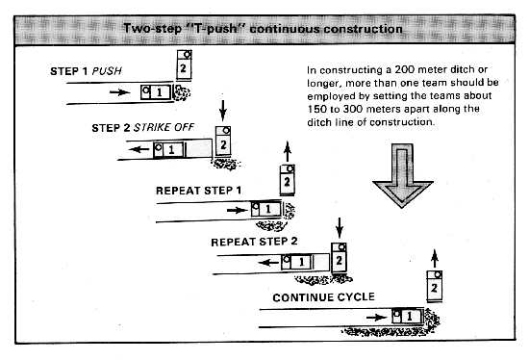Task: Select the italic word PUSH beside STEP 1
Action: [107, 71]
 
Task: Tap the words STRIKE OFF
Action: [164, 128]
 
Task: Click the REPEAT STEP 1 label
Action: [198, 191]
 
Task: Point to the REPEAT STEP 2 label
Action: [254, 242]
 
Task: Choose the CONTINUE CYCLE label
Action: [323, 297]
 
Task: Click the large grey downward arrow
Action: [402, 175]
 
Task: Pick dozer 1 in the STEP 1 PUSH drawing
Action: [156, 91]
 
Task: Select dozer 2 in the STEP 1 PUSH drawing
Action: [185, 64]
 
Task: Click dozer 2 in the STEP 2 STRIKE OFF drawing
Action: [223, 141]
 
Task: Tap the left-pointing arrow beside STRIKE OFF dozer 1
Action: [139, 149]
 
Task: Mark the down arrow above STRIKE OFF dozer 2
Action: [223, 110]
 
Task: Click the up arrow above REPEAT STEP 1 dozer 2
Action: [288, 151]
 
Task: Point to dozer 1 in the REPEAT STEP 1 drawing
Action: [266, 209]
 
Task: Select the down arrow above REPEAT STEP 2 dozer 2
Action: [340, 228]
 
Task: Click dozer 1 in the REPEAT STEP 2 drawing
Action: [297, 262]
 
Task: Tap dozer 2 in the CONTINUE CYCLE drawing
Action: [435, 286]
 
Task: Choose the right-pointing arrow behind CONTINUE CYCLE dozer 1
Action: [376, 317]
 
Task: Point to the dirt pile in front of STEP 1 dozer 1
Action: [182, 92]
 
